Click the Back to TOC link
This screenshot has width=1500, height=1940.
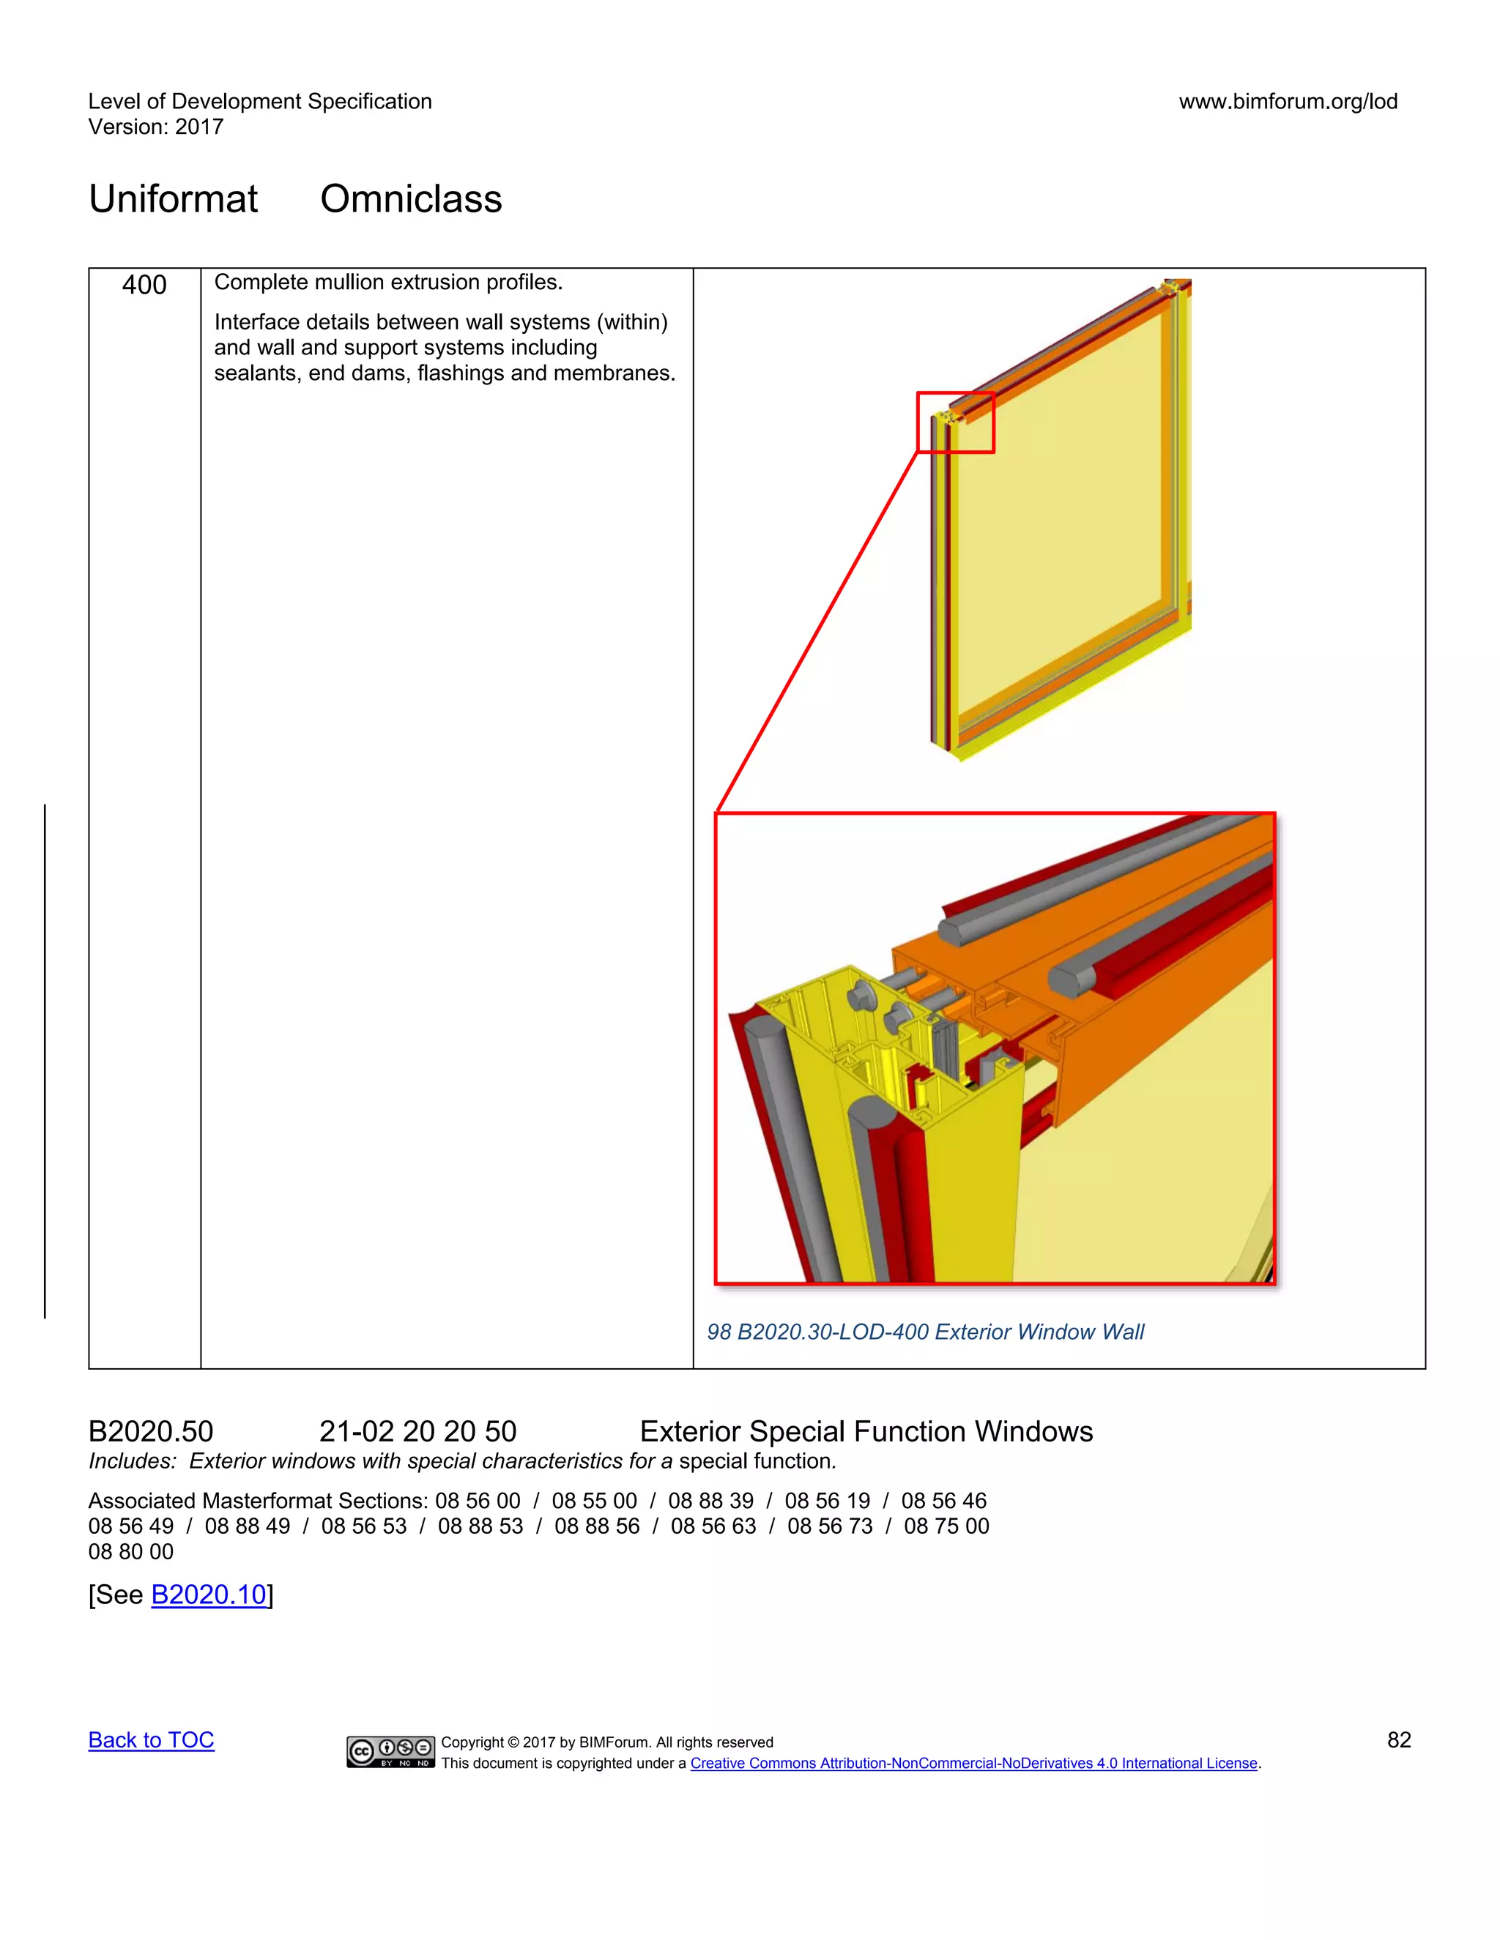click(151, 1740)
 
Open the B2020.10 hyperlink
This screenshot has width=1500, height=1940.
click(209, 1594)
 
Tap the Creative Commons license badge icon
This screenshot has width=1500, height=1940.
click(390, 1751)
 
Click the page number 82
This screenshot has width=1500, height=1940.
click(1399, 1740)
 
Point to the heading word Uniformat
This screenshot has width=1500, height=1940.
click(174, 198)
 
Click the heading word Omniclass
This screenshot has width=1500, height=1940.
click(411, 198)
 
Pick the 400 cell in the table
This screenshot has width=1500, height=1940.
click(144, 285)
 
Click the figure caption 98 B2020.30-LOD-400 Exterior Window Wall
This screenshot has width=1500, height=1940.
click(925, 1332)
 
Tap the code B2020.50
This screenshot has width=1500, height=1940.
click(150, 1431)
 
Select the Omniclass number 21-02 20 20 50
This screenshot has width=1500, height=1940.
click(417, 1431)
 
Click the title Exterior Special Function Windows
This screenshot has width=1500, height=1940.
click(866, 1431)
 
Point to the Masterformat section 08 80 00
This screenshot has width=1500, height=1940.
click(130, 1552)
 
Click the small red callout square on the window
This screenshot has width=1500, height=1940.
click(955, 423)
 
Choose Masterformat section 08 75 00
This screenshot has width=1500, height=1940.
click(946, 1526)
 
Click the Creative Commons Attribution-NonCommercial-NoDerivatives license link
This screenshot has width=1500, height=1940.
click(974, 1764)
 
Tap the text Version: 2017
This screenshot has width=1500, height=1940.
click(155, 127)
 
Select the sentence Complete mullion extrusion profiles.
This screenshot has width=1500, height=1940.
click(388, 283)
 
